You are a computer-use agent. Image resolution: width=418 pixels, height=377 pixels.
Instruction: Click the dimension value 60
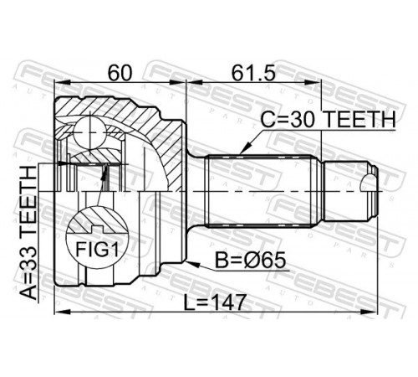point(120,74)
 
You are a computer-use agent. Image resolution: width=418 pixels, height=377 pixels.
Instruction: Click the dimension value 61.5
point(253,74)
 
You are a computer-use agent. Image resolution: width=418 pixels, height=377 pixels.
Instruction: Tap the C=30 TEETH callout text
point(328,120)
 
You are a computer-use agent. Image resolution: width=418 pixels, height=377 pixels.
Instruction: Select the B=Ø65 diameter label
point(251,261)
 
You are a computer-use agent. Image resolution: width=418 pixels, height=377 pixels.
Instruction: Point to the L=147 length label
point(215,302)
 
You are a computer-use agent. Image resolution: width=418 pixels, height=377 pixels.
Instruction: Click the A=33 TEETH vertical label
point(29,232)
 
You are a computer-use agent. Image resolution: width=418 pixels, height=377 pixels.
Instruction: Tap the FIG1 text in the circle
point(98,250)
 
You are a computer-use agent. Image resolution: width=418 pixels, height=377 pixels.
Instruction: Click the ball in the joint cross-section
point(90,132)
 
